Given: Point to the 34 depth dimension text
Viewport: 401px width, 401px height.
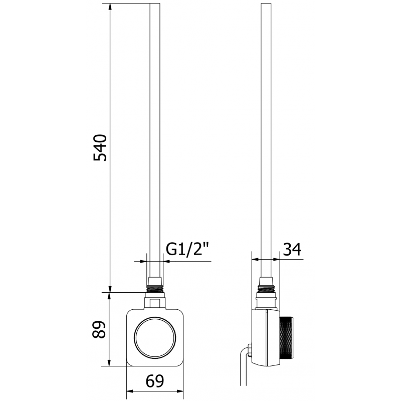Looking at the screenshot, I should click(292, 249).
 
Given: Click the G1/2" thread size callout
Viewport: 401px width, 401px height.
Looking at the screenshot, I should click(187, 249).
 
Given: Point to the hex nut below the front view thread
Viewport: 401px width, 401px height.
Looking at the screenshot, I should click(154, 302).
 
